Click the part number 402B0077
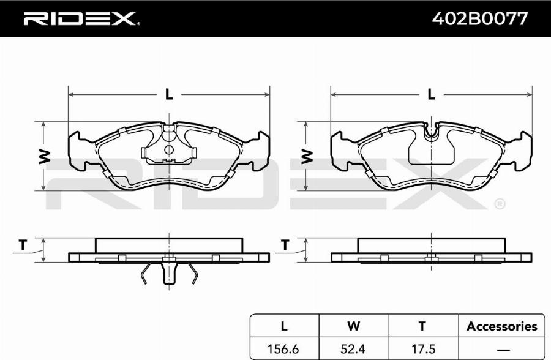479,18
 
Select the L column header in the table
284,326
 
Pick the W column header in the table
353,326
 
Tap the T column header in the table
422,326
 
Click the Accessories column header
502,326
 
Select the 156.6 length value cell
283,349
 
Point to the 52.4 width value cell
353,349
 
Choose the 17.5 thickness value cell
422,349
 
